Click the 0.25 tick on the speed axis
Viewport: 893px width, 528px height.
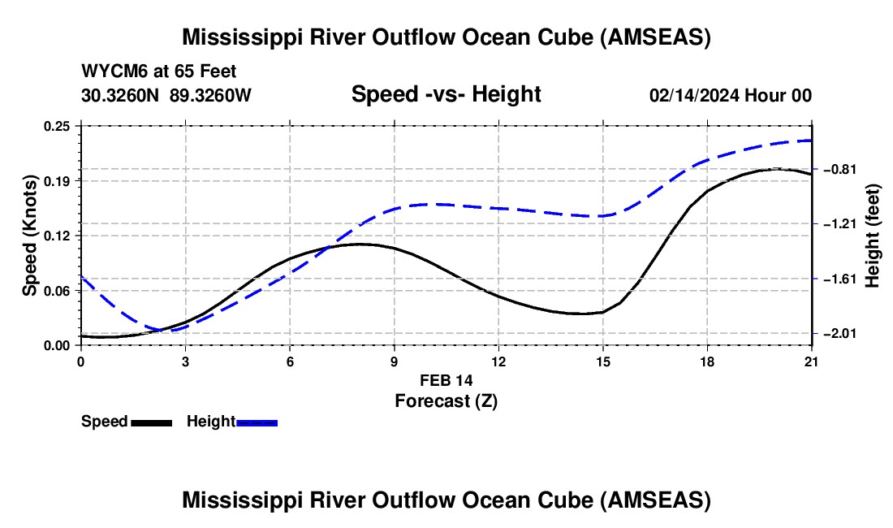56,126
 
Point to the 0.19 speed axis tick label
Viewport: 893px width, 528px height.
56,181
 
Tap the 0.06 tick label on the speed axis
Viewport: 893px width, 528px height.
56,291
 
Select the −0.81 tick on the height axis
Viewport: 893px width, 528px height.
840,169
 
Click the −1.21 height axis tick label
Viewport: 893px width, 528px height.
840,224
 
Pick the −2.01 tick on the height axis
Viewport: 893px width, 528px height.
840,333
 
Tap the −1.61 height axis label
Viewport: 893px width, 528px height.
840,279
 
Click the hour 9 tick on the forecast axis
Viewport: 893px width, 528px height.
394,361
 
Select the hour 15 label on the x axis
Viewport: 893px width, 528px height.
603,361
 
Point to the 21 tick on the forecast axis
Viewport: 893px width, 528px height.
812,361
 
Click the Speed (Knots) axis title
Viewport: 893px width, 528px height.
29,236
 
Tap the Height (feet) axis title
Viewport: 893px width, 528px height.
873,236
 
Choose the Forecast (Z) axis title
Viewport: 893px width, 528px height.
446,401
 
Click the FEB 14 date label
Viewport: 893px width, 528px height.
446,380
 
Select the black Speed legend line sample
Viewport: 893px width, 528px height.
152,423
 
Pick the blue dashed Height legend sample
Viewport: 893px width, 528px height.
257,423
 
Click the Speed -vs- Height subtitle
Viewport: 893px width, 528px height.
446,94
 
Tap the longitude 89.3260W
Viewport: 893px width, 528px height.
210,95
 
